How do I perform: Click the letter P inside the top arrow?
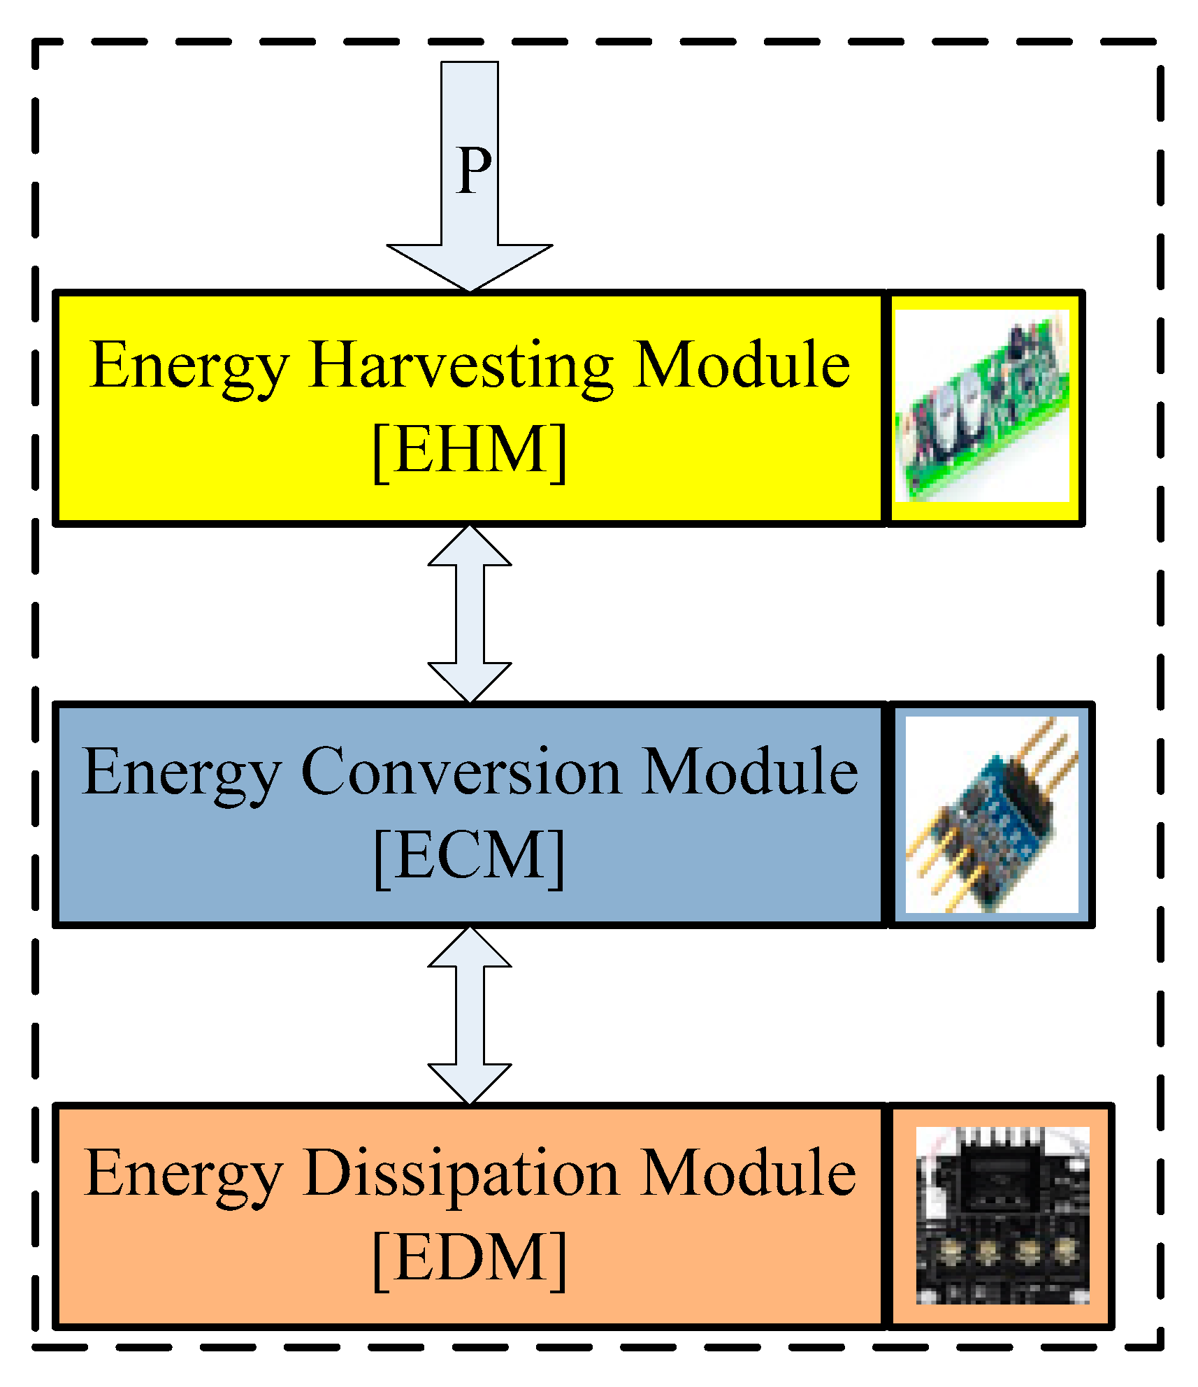pyautogui.click(x=473, y=172)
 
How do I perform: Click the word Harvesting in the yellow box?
pyautogui.click(x=461, y=366)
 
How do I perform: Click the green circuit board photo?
pyautogui.click(x=982, y=406)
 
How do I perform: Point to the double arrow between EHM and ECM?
pyautogui.click(x=470, y=614)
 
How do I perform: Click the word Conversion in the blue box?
pyautogui.click(x=461, y=772)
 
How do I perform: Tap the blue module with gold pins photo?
pyautogui.click(x=991, y=814)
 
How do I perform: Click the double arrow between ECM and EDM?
pyautogui.click(x=470, y=1015)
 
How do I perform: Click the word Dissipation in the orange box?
pyautogui.click(x=461, y=1173)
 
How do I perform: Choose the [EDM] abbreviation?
pyautogui.click(x=470, y=1258)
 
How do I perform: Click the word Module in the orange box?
pyautogui.click(x=748, y=1173)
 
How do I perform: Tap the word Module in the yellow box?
pyautogui.click(x=742, y=365)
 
